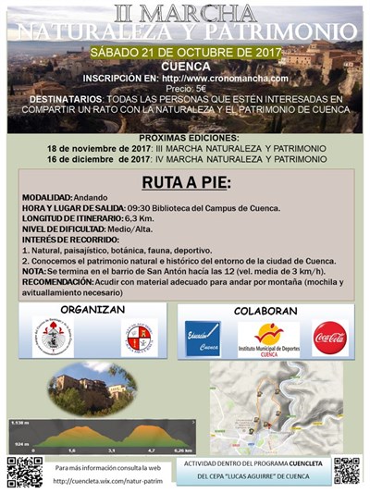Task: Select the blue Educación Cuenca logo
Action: click(x=203, y=339)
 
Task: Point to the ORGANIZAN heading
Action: click(x=92, y=309)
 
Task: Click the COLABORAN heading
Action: click(x=265, y=311)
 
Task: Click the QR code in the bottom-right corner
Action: click(x=346, y=470)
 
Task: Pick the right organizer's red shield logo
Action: click(x=137, y=339)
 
